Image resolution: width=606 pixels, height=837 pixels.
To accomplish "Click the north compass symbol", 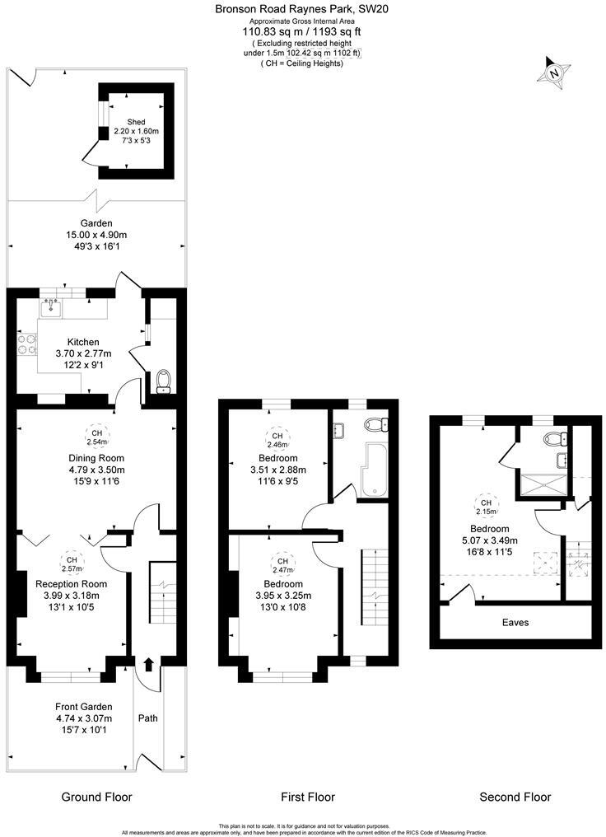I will pyautogui.click(x=554, y=72).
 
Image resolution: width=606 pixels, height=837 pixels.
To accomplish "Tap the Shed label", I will pyautogui.click(x=136, y=122).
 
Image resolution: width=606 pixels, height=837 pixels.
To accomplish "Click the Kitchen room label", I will pyautogui.click(x=83, y=342).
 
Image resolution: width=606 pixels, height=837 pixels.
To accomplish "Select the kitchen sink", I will pyautogui.click(x=51, y=307).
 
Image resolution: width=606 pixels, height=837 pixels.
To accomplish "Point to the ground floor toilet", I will pyautogui.click(x=162, y=381).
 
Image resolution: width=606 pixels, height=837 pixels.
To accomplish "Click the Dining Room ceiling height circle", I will pyautogui.click(x=97, y=437).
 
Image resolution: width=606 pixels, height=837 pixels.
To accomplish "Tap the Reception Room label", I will pyautogui.click(x=71, y=584).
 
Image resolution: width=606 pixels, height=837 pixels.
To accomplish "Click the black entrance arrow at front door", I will pyautogui.click(x=149, y=664).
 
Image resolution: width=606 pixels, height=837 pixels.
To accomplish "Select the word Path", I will pyautogui.click(x=147, y=718).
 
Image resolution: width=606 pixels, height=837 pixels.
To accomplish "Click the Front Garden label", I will pyautogui.click(x=83, y=707).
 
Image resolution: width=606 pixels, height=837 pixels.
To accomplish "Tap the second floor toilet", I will pyautogui.click(x=554, y=439).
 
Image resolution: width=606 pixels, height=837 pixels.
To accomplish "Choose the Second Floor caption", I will pyautogui.click(x=515, y=797).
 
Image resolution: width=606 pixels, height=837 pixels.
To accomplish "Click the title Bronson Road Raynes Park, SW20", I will pyautogui.click(x=301, y=9).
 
